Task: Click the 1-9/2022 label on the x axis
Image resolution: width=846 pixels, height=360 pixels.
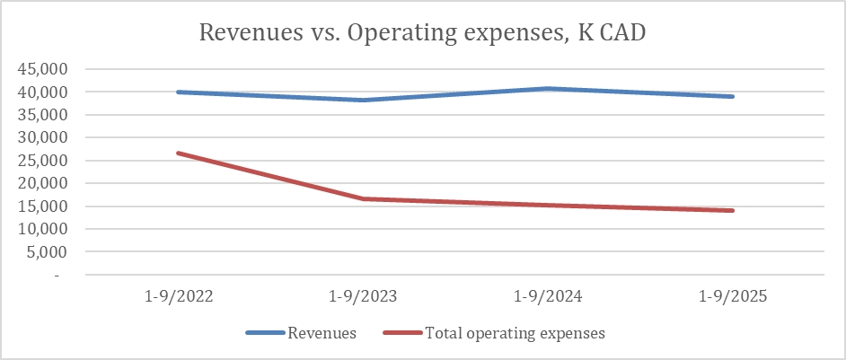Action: [x=179, y=297]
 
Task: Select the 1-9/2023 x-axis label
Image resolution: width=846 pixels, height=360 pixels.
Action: [x=364, y=297]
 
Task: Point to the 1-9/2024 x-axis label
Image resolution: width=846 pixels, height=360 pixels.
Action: [x=549, y=297]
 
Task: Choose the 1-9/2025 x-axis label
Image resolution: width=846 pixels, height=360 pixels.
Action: [x=734, y=297]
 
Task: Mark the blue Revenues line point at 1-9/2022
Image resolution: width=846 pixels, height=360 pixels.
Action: [x=179, y=92]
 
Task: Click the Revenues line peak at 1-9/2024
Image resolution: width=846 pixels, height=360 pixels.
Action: [x=549, y=88]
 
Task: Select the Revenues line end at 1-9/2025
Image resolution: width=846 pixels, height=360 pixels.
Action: [x=733, y=96]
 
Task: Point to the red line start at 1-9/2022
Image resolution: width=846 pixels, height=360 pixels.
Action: [x=179, y=153]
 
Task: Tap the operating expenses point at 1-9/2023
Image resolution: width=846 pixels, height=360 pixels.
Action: [x=364, y=198]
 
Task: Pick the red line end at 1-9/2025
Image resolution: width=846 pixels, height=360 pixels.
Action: [x=733, y=210]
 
